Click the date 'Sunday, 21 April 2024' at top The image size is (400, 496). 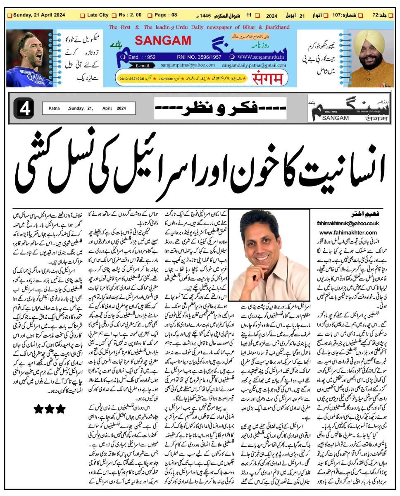(39, 15)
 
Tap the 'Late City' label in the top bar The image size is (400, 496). (98, 15)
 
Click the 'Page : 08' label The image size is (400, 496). (166, 15)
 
